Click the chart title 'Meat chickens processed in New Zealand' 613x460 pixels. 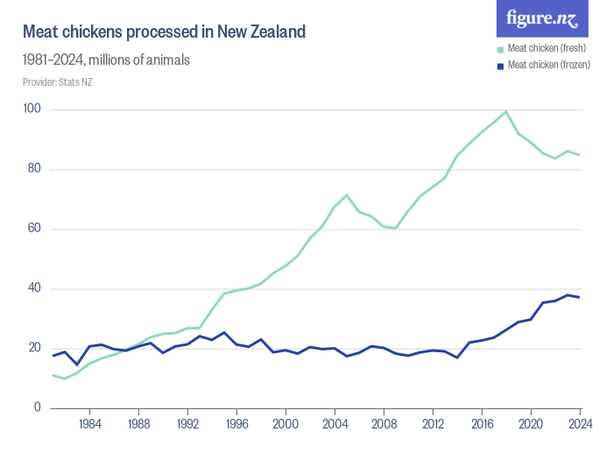click(x=164, y=32)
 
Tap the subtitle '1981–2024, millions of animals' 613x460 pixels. click(x=106, y=60)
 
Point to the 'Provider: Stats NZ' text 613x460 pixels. click(x=58, y=82)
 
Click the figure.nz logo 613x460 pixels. click(x=543, y=18)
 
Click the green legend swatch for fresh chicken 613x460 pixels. click(x=501, y=48)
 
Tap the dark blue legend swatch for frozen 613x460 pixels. click(x=501, y=65)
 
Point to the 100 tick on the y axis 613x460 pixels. click(x=33, y=110)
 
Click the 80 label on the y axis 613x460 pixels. click(x=36, y=169)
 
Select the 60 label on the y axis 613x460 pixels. click(x=36, y=229)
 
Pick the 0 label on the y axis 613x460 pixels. click(x=39, y=407)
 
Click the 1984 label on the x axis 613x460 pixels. click(x=88, y=424)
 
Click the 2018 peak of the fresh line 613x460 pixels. click(x=506, y=111)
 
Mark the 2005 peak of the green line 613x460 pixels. click(x=347, y=195)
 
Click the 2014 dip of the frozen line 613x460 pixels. click(x=457, y=357)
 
